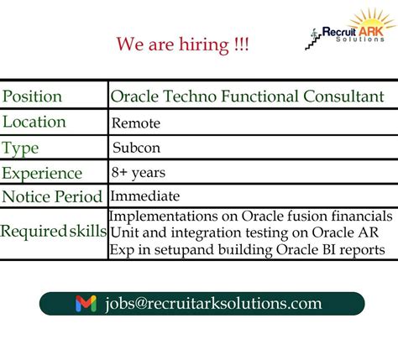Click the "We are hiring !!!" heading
click(x=182, y=44)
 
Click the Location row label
click(x=34, y=123)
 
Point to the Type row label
click(x=20, y=149)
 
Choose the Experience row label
click(x=42, y=174)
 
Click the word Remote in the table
click(x=136, y=123)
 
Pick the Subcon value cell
click(x=137, y=149)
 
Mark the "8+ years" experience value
click(x=138, y=173)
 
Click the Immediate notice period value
click(x=144, y=196)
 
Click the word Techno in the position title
click(x=191, y=97)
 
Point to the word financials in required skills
click(x=360, y=217)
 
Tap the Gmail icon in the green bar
click(x=86, y=304)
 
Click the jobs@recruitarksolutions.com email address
click(x=213, y=304)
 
